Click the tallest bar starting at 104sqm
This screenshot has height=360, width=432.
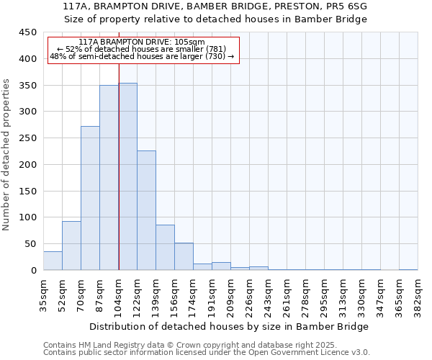(x=127, y=176)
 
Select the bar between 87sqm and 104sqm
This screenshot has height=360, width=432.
(x=109, y=178)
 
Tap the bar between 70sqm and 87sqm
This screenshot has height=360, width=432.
(x=90, y=198)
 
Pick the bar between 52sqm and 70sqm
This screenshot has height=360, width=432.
(x=71, y=246)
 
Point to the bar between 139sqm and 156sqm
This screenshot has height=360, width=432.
(x=165, y=248)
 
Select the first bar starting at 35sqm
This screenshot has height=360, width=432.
(x=53, y=261)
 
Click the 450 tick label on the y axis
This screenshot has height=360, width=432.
(x=28, y=32)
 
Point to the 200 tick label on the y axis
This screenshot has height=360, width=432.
(x=28, y=165)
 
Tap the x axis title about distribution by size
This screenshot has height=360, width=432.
(x=230, y=326)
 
